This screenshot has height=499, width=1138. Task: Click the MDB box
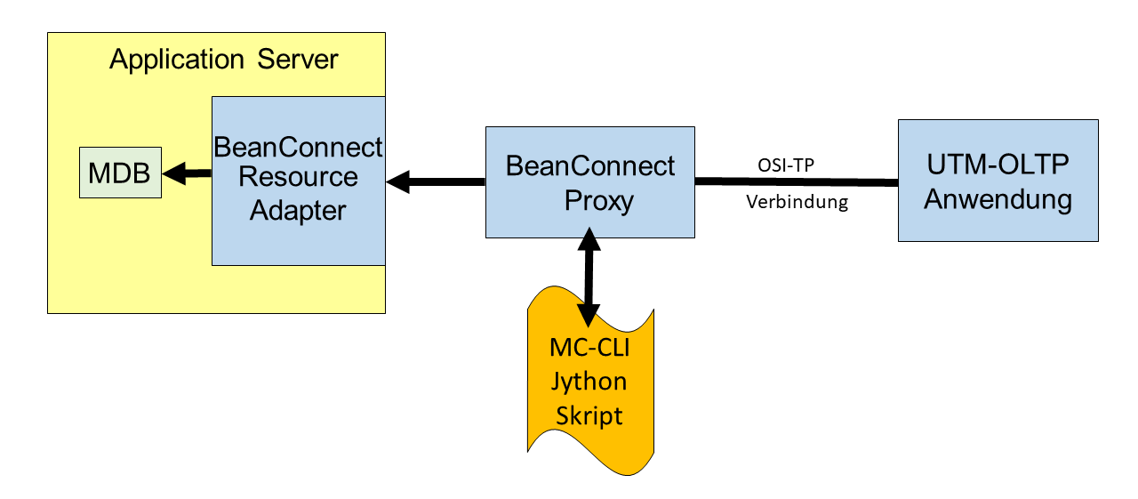120,173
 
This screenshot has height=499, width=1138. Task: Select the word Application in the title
177,60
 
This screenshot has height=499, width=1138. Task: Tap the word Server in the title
298,59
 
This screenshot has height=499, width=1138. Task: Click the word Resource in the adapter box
298,176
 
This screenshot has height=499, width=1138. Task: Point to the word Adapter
298,211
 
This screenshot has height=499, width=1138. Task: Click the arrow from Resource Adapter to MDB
187,173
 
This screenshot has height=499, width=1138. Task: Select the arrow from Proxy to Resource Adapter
436,181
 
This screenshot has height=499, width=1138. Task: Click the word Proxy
599,200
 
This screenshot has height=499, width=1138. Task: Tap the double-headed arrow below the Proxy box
589,277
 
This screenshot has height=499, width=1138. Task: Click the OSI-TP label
786,165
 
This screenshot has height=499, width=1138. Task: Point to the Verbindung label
797,202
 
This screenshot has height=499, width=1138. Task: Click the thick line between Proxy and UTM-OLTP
797,181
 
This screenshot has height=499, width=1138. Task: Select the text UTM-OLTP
998,165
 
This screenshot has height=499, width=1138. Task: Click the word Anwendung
998,199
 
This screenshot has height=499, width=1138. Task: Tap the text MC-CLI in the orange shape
589,348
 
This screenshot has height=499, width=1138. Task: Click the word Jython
589,382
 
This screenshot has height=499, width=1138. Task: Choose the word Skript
589,415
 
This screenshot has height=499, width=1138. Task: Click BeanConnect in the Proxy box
589,165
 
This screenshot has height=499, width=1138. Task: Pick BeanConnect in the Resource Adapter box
298,147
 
